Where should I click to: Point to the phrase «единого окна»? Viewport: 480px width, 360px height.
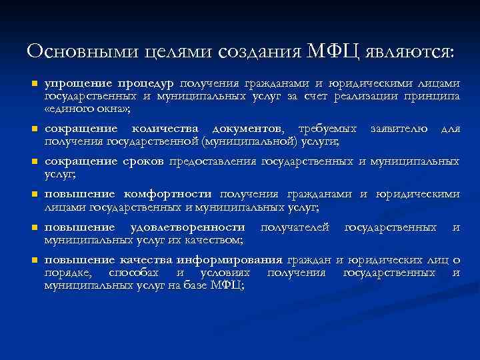pos(87,109)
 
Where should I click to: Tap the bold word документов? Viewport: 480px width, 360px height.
pos(248,129)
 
